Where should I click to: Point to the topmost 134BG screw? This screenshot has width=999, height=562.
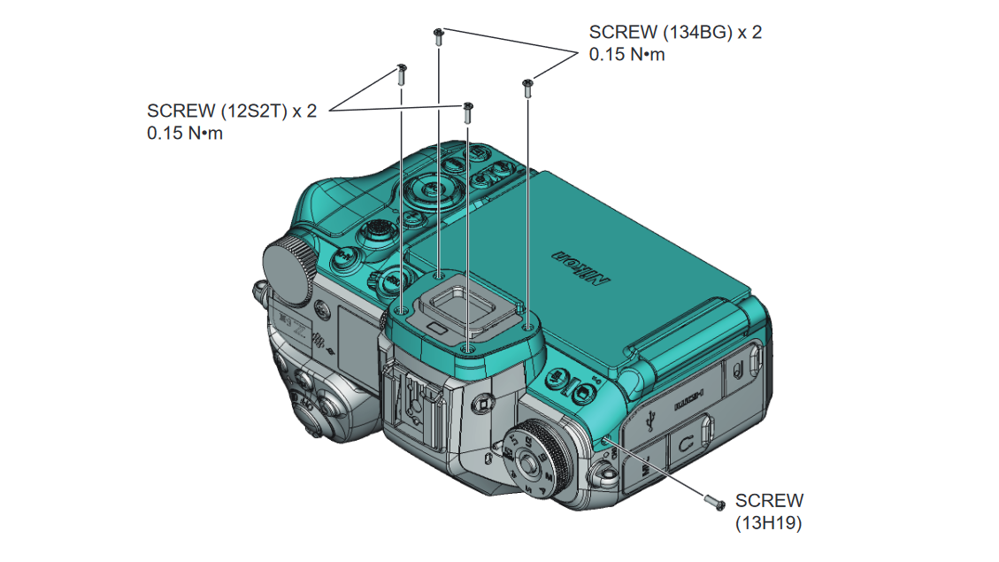(x=438, y=35)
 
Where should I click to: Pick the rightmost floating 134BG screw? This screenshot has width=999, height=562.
(x=527, y=86)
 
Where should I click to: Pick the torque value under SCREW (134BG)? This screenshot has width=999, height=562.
(x=626, y=54)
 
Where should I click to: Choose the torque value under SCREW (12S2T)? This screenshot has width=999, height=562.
(x=185, y=134)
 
